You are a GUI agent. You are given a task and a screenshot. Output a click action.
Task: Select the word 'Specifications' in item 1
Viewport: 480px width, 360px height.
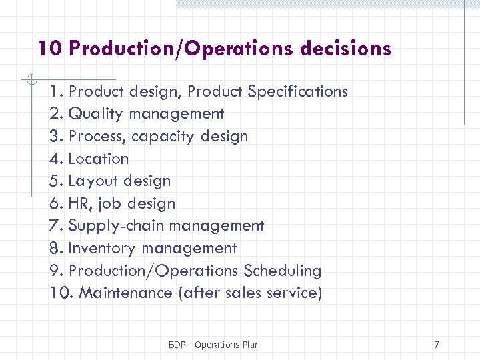(297, 91)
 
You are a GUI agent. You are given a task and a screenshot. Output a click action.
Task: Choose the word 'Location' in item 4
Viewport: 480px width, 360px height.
(99, 159)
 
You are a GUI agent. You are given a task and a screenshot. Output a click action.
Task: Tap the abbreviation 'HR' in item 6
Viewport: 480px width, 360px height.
(79, 204)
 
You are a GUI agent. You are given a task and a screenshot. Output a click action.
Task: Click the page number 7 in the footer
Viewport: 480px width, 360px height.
(436, 345)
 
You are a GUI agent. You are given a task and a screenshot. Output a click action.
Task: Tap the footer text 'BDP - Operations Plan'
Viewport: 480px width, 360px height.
(214, 345)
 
